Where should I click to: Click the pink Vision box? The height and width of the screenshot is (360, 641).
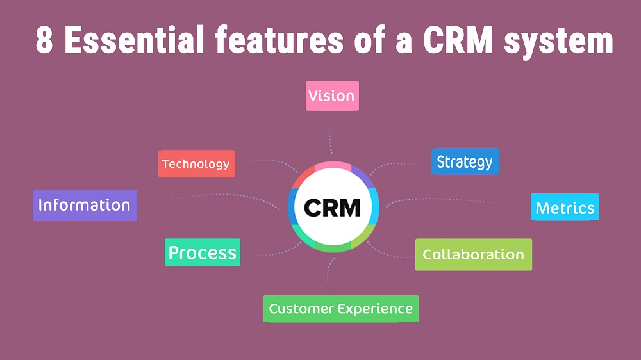[331, 96]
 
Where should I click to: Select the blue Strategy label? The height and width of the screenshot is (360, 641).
[465, 162]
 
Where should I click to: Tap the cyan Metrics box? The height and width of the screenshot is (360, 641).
[565, 208]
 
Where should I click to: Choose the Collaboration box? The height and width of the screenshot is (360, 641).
[473, 254]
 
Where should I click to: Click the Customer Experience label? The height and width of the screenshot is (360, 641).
[340, 309]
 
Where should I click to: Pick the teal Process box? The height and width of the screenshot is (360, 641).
[203, 252]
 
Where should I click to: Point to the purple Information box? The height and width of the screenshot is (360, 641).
[85, 206]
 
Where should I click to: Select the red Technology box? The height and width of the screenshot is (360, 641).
[196, 164]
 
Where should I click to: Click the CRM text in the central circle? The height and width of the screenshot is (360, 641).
[332, 208]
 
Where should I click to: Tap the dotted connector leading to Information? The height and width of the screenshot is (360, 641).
[212, 195]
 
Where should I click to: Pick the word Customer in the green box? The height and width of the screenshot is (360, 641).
[301, 309]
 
